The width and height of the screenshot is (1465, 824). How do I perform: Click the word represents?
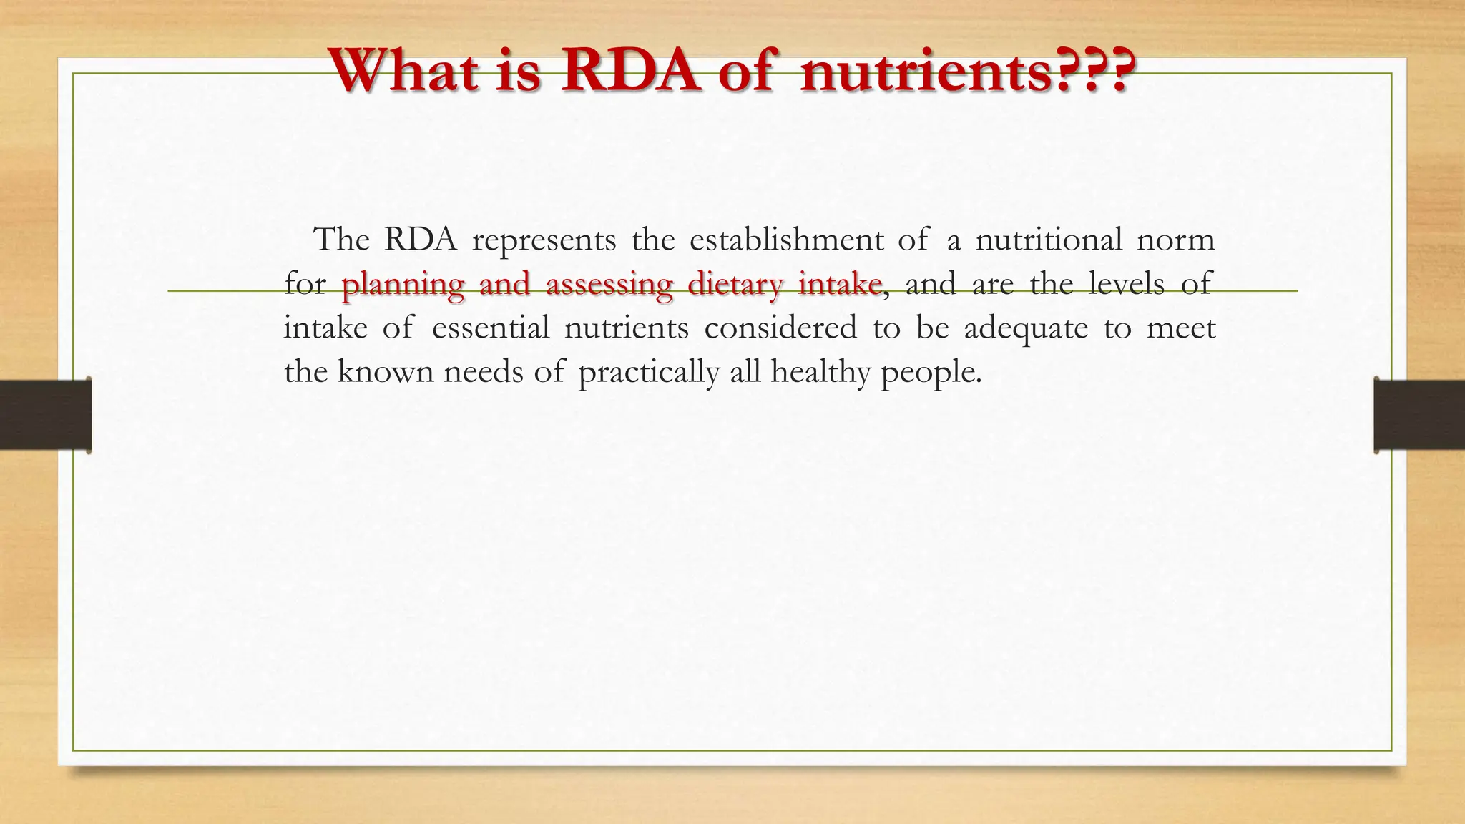pos(544,240)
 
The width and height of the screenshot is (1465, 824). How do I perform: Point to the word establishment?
pos(787,239)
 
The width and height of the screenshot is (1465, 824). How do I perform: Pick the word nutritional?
pos(1049,239)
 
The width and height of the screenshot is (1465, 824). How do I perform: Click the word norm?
pos(1176,240)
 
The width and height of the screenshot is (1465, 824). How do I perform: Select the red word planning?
pos(403,285)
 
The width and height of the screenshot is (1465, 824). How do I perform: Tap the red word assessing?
pos(609,285)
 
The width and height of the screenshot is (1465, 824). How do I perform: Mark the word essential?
pos(491,328)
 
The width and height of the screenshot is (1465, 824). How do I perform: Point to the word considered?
pos(780,328)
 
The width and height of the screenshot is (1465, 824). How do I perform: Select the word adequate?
pos(1026,329)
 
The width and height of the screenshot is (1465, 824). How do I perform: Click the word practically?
pos(648,373)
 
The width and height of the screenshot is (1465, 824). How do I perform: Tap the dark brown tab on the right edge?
pos(1419,415)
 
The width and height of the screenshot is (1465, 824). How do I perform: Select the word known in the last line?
pos(386,372)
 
